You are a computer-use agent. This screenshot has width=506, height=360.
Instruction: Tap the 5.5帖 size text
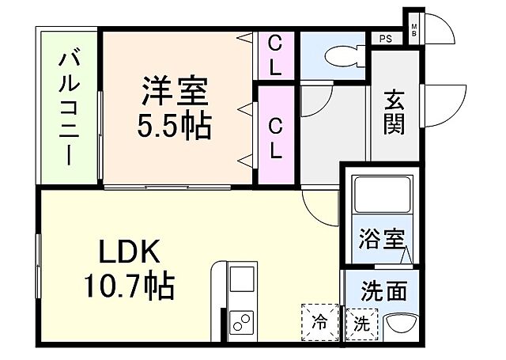pos(176,124)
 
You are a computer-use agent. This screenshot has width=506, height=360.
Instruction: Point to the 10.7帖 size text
pos(130,286)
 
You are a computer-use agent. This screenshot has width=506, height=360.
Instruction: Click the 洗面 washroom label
pos(385,290)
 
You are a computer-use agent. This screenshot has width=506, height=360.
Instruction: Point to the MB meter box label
pos(413,30)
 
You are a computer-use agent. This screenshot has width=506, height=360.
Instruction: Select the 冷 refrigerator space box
pos(319,322)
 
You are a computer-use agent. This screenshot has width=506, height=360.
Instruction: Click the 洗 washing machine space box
pos(362,323)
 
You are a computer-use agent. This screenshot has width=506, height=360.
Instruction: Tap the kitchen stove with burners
pos(241,323)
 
